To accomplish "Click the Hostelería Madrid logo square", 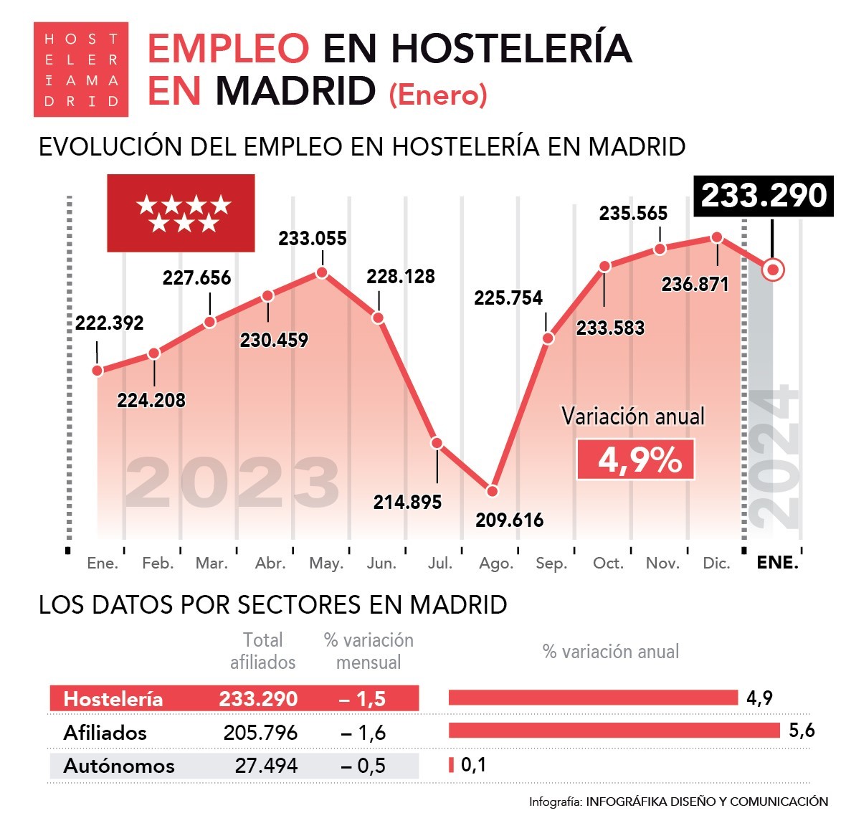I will [x=81, y=70].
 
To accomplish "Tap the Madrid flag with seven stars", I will [x=181, y=213].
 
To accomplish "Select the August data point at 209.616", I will [x=492, y=491].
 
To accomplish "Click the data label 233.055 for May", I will [x=313, y=239].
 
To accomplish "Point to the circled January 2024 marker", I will [x=772, y=270].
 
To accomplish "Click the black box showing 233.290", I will [x=764, y=196].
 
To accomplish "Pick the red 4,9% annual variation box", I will [x=635, y=459].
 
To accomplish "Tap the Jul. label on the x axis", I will [x=439, y=563].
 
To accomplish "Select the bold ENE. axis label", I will [x=777, y=563].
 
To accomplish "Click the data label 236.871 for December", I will [x=695, y=285].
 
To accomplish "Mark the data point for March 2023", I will [x=210, y=322].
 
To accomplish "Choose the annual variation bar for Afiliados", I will [x=614, y=731].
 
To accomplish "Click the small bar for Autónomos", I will [x=452, y=765].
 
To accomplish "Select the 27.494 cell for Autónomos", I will [x=266, y=766].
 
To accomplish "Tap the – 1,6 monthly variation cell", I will [x=363, y=733].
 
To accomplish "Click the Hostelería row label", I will [x=113, y=699].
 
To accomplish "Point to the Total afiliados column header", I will [x=262, y=651].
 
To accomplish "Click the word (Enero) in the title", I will [x=438, y=95].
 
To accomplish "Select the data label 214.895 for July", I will [x=407, y=503].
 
